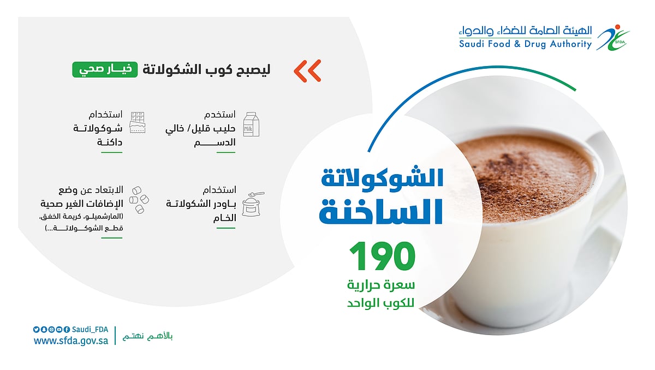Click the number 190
pos(382,257)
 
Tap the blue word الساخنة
pos(382,212)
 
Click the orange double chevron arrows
pos(307,70)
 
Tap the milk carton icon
pos(251,124)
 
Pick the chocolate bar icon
pos(137,123)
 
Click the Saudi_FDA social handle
pos(90,329)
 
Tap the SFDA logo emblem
pos(609,37)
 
